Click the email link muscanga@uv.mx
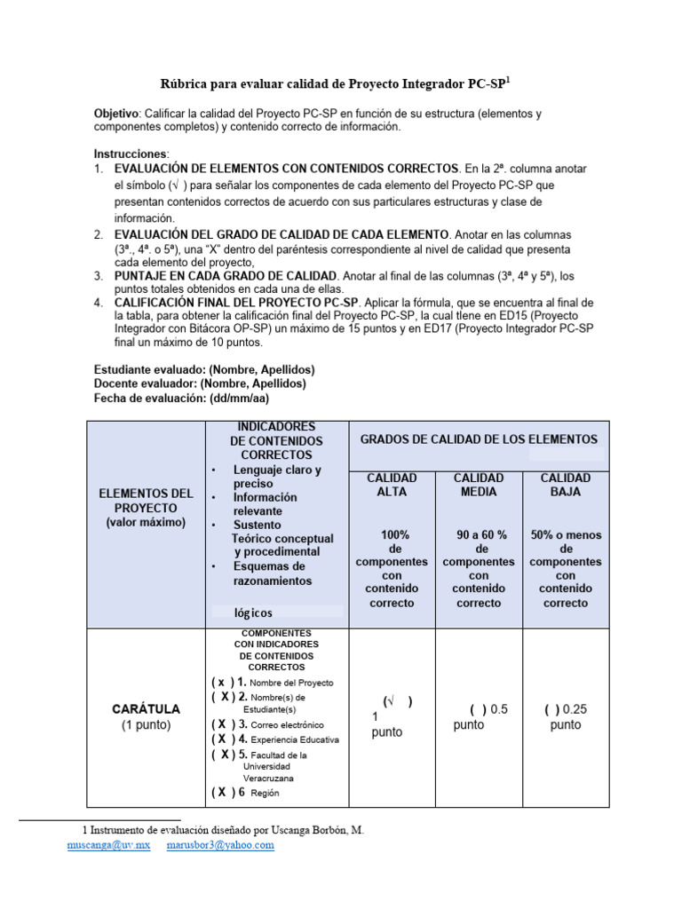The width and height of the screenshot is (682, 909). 105,846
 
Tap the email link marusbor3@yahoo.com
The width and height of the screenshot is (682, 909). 220,846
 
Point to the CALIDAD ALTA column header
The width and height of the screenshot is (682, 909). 392,485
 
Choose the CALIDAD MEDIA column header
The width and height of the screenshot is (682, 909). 479,485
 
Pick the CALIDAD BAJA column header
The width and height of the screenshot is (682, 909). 566,485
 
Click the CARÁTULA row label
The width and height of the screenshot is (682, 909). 147,709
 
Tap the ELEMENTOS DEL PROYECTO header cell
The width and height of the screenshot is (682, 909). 147,507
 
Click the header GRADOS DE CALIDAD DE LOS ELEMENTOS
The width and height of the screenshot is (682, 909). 479,439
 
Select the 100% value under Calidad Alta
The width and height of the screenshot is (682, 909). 394,534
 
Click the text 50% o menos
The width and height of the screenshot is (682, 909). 566,534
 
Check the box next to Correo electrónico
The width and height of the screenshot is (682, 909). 224,724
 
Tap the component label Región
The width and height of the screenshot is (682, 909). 266,793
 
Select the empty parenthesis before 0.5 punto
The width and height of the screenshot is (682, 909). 478,709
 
